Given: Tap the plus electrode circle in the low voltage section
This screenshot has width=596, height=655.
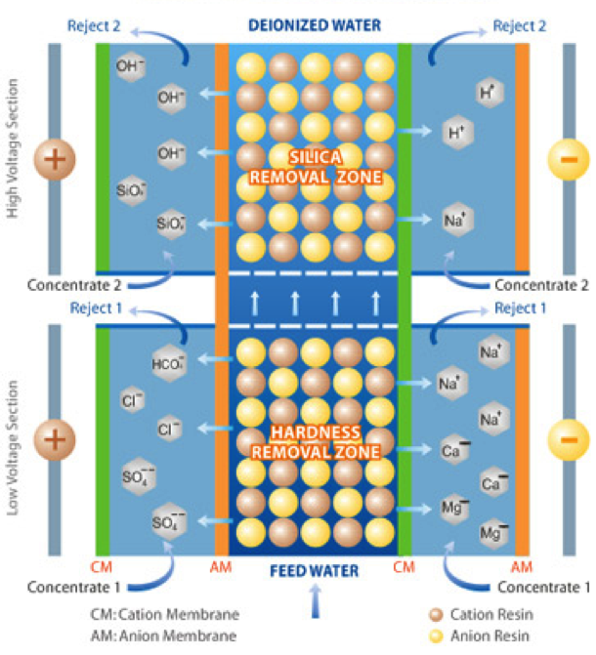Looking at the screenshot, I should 55,439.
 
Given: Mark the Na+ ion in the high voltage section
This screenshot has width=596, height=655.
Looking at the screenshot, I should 451,220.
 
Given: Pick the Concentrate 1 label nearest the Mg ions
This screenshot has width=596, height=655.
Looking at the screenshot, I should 543,587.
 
